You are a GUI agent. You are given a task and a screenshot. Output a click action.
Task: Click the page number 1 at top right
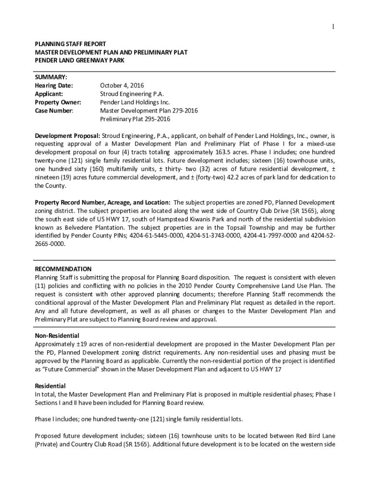[333, 26]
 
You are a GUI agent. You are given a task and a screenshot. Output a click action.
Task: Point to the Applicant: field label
[50, 94]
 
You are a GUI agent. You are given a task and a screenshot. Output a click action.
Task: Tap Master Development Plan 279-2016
[148, 111]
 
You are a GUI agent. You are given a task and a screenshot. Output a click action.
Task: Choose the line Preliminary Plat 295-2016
[135, 119]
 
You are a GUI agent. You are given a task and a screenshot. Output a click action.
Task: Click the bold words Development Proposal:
[67, 136]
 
